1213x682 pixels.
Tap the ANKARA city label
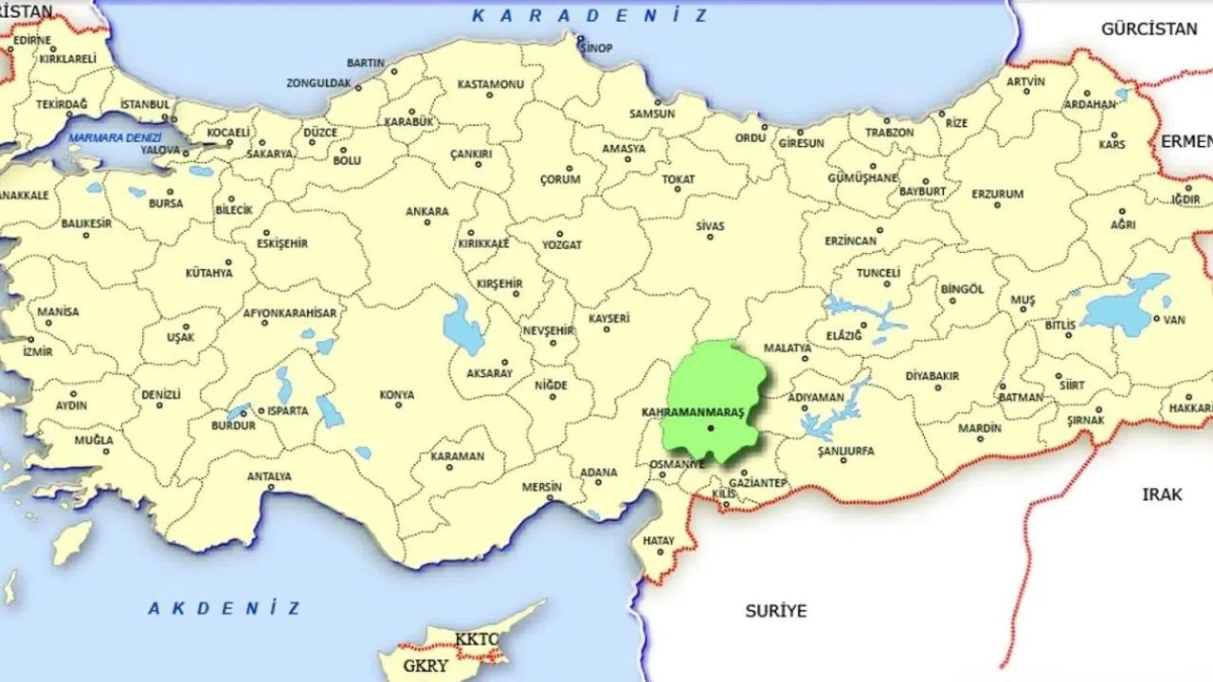[x=426, y=211]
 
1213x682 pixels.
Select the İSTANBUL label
[x=144, y=104]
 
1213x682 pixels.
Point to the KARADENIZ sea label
[x=589, y=16]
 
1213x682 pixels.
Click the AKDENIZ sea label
[x=224, y=608]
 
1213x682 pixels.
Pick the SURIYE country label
[x=775, y=611]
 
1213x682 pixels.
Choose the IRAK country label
[x=1162, y=494]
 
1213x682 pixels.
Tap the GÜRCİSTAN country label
[x=1149, y=29]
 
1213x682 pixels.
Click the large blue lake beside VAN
[x=1123, y=305]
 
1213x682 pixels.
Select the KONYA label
[x=396, y=394]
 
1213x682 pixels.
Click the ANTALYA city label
[x=269, y=476]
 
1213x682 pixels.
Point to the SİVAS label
[x=710, y=226]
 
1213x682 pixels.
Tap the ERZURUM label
[x=997, y=194]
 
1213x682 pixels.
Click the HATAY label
[x=658, y=541]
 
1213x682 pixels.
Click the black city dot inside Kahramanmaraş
[x=710, y=428]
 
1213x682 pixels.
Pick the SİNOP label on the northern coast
[x=596, y=48]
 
